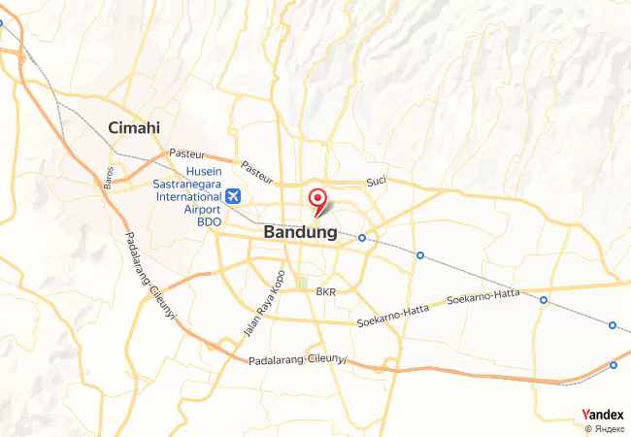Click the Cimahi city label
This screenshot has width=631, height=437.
(134, 128)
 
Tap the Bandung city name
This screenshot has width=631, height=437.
(300, 233)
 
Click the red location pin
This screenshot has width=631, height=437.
(316, 200)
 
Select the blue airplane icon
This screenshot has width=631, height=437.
(233, 196)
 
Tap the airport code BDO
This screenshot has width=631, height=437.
(210, 221)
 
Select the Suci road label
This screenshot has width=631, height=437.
(377, 183)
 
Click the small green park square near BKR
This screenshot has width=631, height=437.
(302, 284)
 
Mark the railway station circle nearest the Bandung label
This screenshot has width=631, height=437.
(362, 238)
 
